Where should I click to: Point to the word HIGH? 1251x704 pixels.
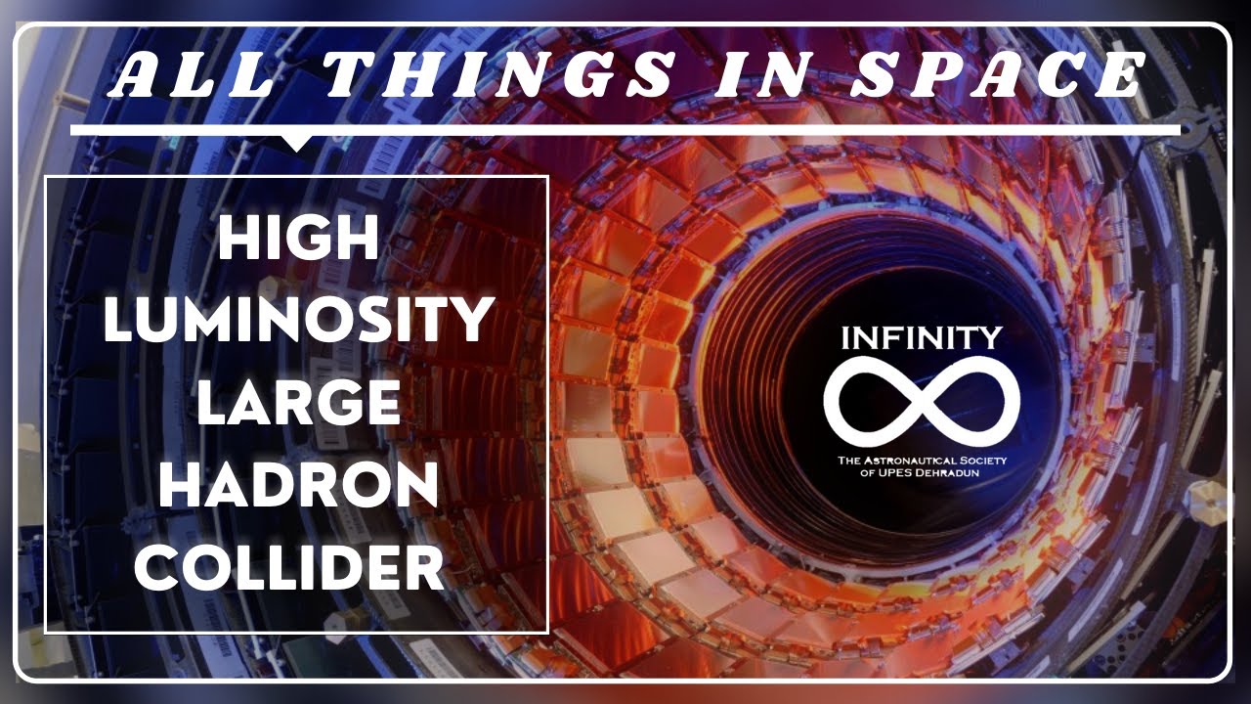tap(297, 239)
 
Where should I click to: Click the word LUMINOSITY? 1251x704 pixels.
tap(297, 321)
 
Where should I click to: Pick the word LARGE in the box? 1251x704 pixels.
tap(298, 403)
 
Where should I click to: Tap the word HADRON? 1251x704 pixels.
tap(298, 485)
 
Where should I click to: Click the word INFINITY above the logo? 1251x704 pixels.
tap(922, 339)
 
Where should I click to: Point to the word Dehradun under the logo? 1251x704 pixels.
tap(948, 473)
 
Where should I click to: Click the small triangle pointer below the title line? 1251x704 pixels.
tap(296, 143)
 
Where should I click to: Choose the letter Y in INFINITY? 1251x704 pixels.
tap(990, 339)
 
